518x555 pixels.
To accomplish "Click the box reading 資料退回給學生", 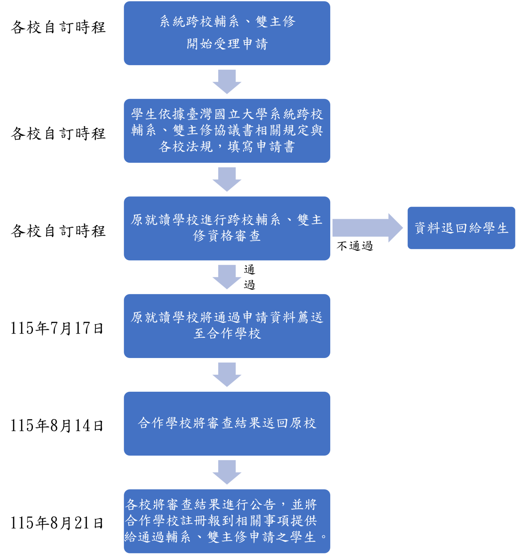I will [461, 228].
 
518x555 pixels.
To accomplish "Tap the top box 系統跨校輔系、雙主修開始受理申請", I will [227, 33].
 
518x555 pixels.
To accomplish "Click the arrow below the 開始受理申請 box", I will [227, 82].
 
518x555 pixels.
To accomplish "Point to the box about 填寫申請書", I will [227, 131].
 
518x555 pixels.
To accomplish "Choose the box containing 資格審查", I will [227, 228].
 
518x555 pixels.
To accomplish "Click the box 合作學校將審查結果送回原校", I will [227, 423].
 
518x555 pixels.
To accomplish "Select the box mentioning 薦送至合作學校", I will [227, 326].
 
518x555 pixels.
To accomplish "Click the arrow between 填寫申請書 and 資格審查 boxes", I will [227, 179].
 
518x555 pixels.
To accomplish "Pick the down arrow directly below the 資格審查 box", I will [227, 277].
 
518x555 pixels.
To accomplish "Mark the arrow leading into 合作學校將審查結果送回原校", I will [227, 375].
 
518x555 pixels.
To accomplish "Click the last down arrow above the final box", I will [227, 472].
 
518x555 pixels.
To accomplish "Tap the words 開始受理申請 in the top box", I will [227, 44].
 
